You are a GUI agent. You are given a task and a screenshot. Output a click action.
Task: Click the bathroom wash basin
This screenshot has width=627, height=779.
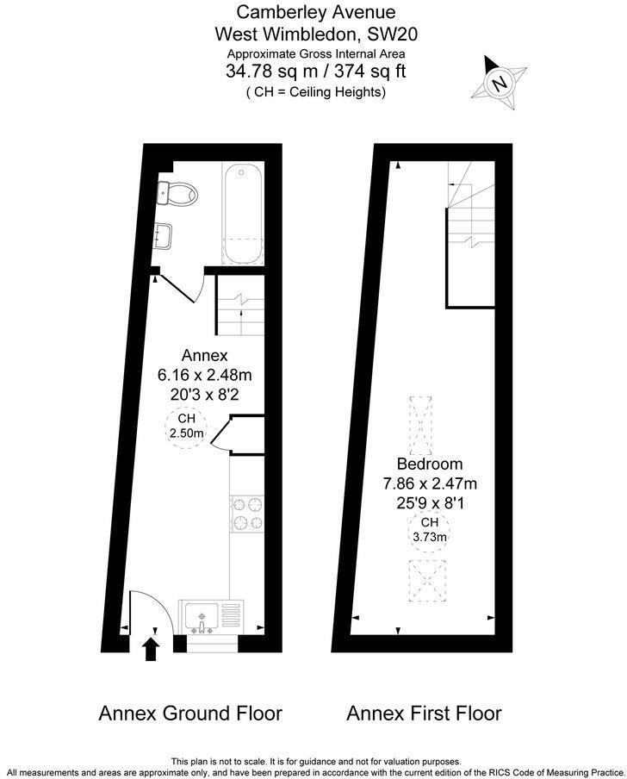tap(164, 234)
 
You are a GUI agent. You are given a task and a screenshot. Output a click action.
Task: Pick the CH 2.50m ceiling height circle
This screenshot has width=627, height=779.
tap(186, 427)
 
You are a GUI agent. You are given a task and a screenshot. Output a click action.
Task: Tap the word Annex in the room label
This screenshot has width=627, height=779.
tap(204, 355)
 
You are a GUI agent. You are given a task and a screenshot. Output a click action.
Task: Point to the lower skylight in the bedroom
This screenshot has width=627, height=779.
tap(428, 583)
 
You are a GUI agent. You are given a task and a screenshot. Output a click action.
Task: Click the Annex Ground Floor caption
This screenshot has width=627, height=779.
tap(190, 714)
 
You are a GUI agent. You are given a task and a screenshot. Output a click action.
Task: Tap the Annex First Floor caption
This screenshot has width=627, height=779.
tap(424, 714)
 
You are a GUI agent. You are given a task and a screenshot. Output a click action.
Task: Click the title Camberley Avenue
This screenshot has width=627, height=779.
tap(316, 13)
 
